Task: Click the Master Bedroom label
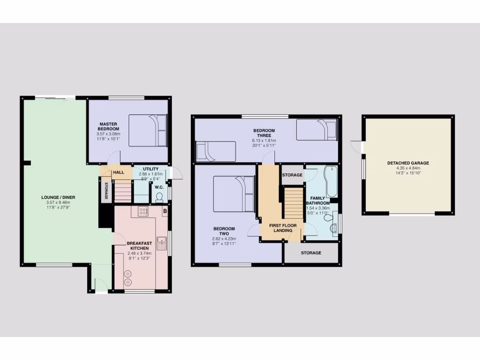pyautogui.click(x=109, y=126)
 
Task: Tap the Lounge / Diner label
pyautogui.click(x=58, y=197)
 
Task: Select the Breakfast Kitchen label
pyautogui.click(x=139, y=245)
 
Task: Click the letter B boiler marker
pyautogui.click(x=164, y=212)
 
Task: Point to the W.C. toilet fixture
pyautogui.click(x=159, y=196)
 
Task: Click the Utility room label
pyautogui.click(x=150, y=169)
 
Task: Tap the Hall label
pyautogui.click(x=119, y=172)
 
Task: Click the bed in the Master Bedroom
pyautogui.click(x=148, y=130)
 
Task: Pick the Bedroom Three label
pyautogui.click(x=264, y=133)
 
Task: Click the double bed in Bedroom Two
pyautogui.click(x=234, y=194)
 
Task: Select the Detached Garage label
pyautogui.click(x=408, y=163)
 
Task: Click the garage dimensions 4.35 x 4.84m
pyautogui.click(x=408, y=168)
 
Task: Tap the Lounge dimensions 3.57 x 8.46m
pyautogui.click(x=58, y=203)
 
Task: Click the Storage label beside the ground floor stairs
pyautogui.click(x=106, y=191)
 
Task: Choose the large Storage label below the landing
pyautogui.click(x=311, y=253)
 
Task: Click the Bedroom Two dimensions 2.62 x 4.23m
pyautogui.click(x=224, y=239)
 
